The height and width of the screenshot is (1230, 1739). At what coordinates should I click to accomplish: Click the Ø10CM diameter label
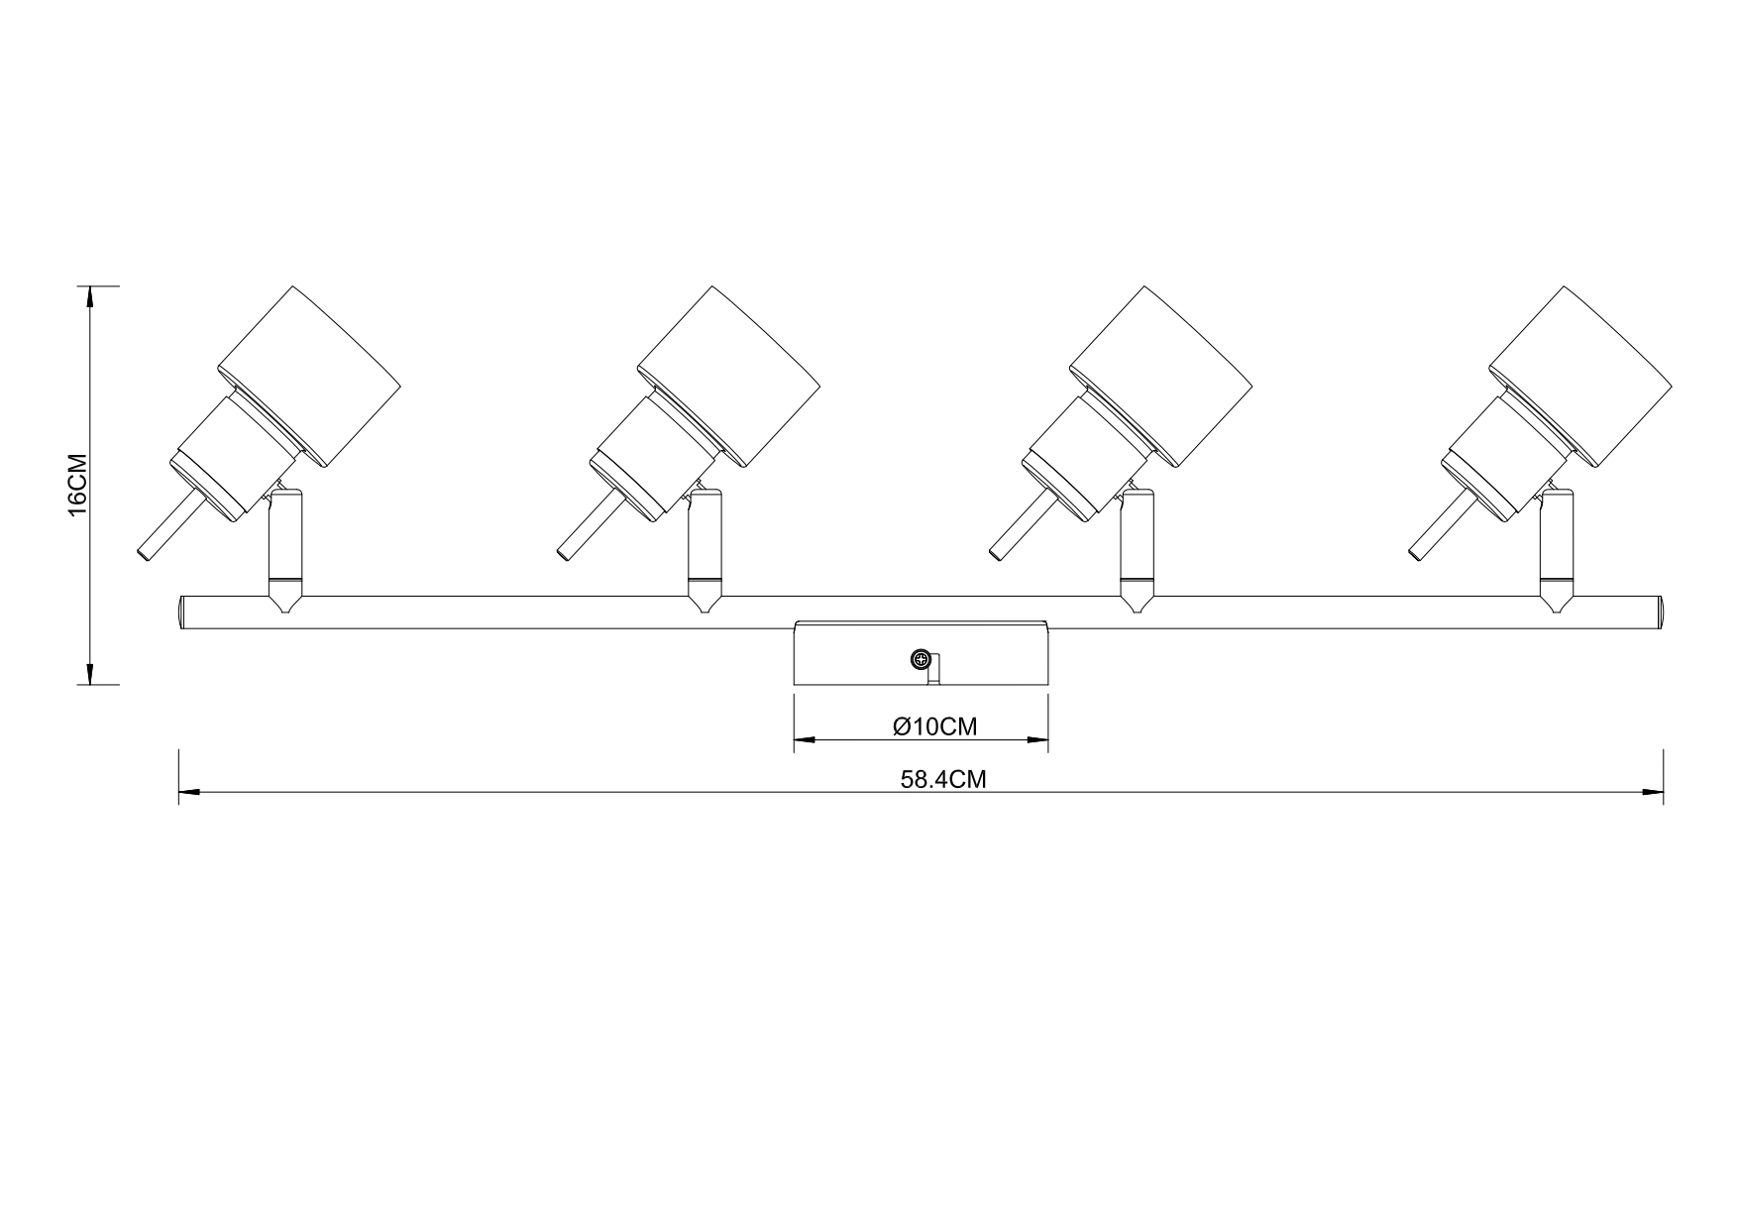[934, 727]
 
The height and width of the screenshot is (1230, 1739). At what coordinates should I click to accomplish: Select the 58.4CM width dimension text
[942, 779]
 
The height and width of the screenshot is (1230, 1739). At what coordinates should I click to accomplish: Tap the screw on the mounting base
[922, 659]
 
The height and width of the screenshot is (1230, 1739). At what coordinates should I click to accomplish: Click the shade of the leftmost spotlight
[309, 377]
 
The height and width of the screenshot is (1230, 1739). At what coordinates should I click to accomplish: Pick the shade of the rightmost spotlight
[1581, 377]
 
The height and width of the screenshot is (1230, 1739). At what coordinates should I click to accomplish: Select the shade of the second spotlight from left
[729, 377]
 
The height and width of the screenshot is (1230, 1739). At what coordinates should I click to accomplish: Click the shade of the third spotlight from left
[1162, 377]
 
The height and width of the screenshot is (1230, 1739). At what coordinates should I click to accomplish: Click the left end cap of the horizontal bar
[182, 613]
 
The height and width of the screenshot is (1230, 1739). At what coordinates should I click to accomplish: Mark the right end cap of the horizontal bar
[1659, 613]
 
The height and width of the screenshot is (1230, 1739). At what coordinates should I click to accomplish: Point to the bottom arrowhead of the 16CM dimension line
[90, 674]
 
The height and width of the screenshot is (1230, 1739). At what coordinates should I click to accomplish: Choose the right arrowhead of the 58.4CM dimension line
[1653, 792]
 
